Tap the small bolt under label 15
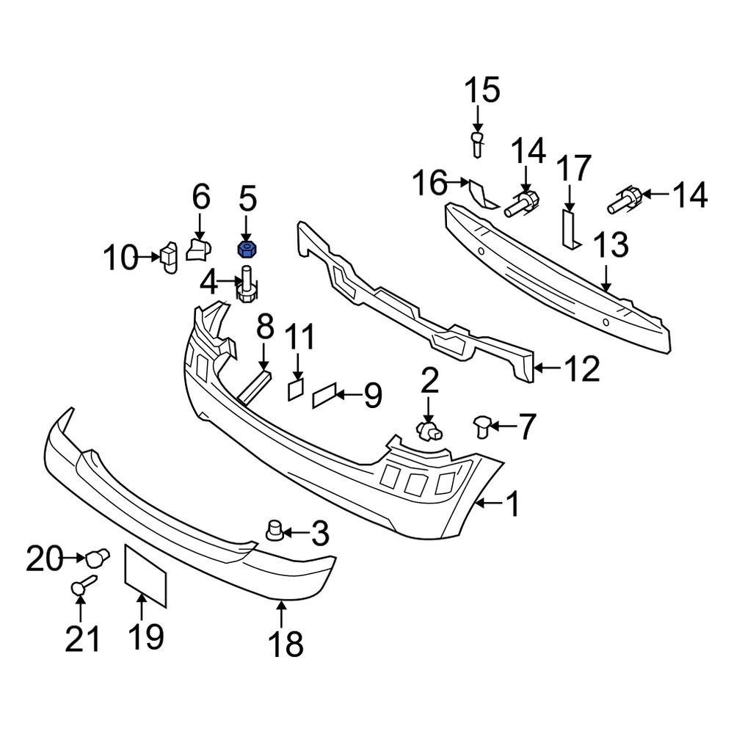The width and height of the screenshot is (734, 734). pyautogui.click(x=477, y=142)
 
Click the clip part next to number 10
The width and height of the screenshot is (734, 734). pyautogui.click(x=169, y=256)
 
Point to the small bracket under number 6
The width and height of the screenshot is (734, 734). pyautogui.click(x=198, y=248)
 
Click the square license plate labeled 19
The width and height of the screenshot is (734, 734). pyautogui.click(x=145, y=575)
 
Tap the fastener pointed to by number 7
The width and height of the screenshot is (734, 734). pyautogui.click(x=482, y=424)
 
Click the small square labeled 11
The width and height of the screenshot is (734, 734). pyautogui.click(x=294, y=388)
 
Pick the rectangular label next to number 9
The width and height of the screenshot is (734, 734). pyautogui.click(x=324, y=397)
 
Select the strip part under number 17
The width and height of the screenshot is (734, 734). pyautogui.click(x=569, y=228)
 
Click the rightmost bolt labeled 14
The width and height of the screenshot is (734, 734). pyautogui.click(x=625, y=200)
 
